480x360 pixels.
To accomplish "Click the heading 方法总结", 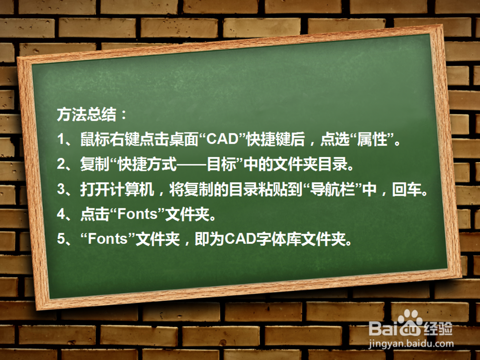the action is (86, 115).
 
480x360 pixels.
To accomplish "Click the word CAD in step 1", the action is (223, 139).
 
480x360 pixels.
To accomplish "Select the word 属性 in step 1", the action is (372, 139).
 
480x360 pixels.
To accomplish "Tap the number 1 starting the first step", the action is (61, 139).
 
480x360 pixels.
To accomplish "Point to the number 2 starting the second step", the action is (61, 164).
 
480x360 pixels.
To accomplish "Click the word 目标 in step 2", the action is (221, 164).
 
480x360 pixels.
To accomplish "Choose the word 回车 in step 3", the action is (407, 190).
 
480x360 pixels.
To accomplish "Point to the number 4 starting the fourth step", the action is (61, 214).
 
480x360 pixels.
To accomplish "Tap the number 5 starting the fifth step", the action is (61, 239).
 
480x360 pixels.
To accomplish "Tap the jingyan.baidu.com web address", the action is (411, 344).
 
